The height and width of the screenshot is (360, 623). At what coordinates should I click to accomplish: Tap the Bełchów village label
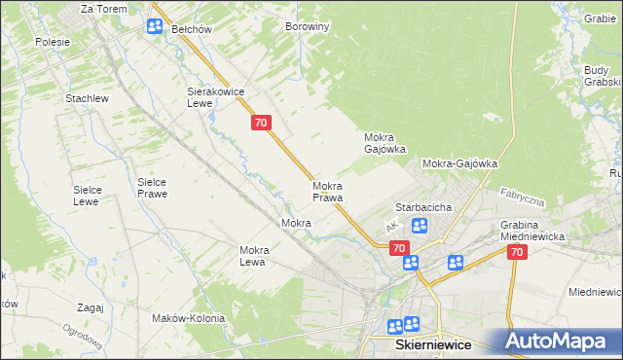(x=192, y=29)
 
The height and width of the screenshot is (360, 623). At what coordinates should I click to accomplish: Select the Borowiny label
(x=307, y=27)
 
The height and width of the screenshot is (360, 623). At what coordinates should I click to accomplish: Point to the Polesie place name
(x=53, y=42)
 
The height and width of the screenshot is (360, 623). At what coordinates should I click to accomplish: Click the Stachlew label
(x=86, y=98)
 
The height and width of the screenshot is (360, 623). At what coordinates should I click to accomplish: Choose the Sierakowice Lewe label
(x=213, y=97)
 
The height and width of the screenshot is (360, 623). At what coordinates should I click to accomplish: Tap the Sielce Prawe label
(x=152, y=188)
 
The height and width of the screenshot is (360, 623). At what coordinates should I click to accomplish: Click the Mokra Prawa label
(x=327, y=192)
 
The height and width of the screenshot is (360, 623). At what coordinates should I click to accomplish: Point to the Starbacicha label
(x=421, y=207)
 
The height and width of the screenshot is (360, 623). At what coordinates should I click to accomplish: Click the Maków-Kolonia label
(x=188, y=318)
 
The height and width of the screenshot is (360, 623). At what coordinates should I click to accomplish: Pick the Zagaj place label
(x=89, y=307)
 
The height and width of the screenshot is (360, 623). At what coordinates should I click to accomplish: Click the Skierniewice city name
(x=431, y=345)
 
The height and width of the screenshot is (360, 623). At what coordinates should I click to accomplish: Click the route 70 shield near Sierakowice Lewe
(x=260, y=123)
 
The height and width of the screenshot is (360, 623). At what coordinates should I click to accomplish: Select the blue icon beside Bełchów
(x=155, y=26)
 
